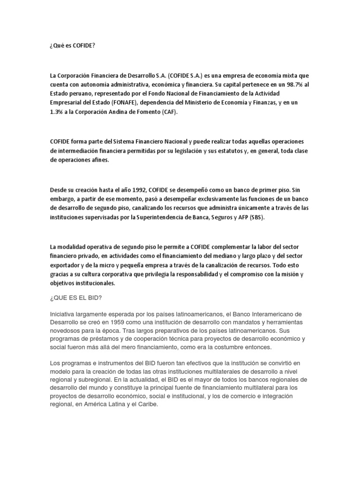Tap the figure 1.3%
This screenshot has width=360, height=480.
tap(57, 112)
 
